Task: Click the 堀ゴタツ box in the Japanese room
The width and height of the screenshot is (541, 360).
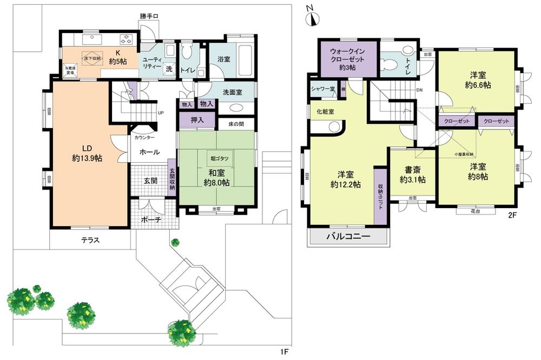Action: (x=219, y=158)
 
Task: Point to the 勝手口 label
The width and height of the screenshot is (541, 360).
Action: (x=150, y=16)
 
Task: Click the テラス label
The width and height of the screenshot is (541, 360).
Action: (x=90, y=240)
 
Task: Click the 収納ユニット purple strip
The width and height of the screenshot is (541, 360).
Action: (x=380, y=196)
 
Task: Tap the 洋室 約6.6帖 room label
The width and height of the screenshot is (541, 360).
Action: (x=476, y=80)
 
